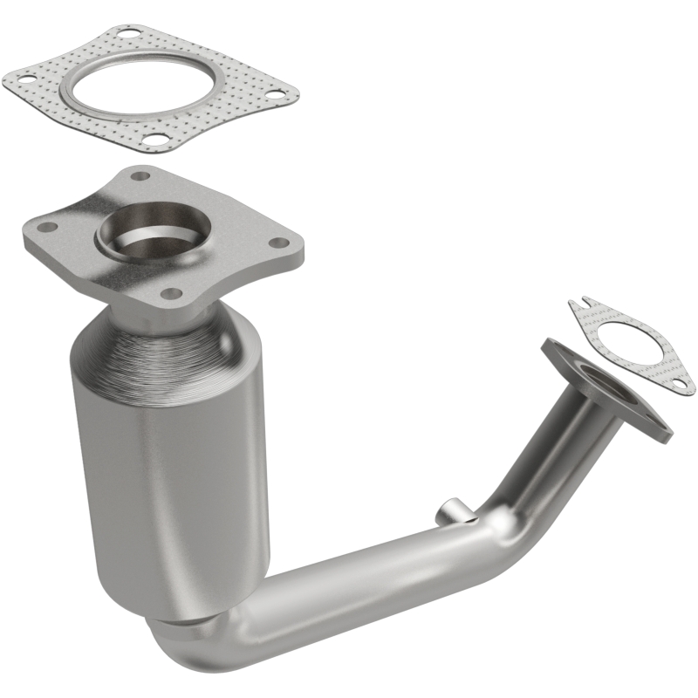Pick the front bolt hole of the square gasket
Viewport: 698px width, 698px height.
(x=154, y=138)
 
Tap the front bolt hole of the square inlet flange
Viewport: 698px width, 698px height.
(x=172, y=293)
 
